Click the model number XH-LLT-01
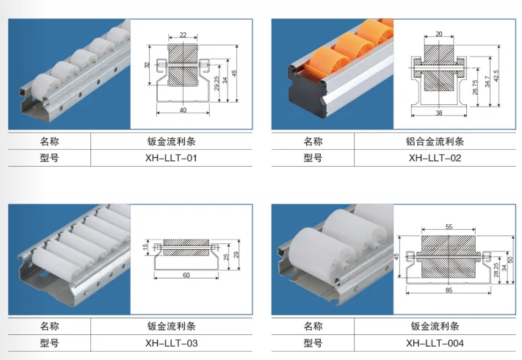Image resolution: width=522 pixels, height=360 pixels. pos(172,158)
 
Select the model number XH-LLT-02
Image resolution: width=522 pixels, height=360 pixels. pos(435,158)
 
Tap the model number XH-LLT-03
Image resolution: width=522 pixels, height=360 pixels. pos(172,342)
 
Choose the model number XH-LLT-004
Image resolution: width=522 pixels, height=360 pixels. pos(435,342)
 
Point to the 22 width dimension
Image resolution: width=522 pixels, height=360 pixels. pos(183,35)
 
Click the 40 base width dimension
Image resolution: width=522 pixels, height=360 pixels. pos(183,110)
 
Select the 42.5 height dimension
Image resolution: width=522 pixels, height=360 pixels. pos(497,76)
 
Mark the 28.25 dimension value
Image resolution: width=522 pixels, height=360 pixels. pos(496,270)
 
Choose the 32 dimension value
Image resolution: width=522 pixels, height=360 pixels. pos(148,65)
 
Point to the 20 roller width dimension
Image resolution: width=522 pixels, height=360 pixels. pos(438,34)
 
